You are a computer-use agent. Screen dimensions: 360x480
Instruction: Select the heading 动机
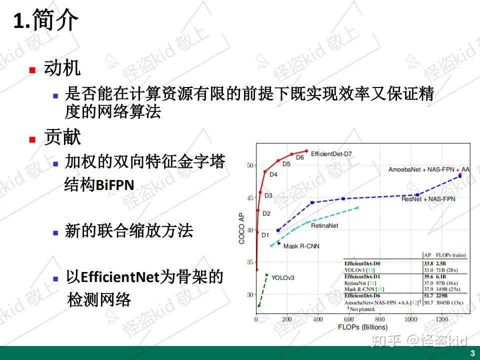click(62, 68)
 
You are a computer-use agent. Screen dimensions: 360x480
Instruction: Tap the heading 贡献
click(62, 137)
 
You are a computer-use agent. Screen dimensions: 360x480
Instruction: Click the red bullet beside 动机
click(32, 69)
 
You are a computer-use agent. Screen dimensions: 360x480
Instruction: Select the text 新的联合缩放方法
click(128, 231)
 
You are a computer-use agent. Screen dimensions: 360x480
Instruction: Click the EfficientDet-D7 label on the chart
click(331, 154)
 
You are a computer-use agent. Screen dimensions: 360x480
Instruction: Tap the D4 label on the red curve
click(273, 174)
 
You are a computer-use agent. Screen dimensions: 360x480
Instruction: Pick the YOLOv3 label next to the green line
click(283, 277)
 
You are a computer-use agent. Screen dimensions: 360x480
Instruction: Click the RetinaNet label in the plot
click(324, 226)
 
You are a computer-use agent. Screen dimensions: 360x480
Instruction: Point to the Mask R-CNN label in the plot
click(301, 246)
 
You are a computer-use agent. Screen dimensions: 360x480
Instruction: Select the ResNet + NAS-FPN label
click(428, 199)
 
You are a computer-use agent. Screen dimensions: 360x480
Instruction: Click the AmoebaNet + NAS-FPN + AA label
click(429, 169)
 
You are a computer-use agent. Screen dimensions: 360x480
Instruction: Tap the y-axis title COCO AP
click(241, 227)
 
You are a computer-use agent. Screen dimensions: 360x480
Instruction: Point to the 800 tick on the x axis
click(379, 319)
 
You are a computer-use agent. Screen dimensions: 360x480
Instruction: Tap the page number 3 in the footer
click(472, 353)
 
